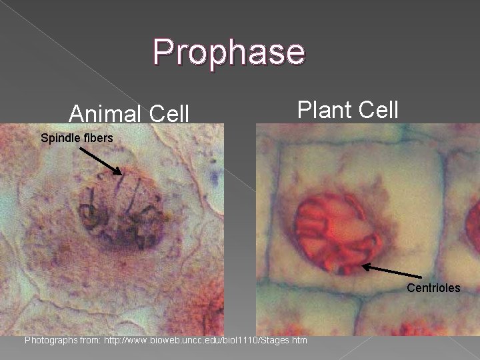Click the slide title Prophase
coord(229,51)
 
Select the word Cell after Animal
coord(169,113)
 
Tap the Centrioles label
coord(433,288)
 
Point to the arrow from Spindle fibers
coord(101,161)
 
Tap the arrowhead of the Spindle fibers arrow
coord(121,173)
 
